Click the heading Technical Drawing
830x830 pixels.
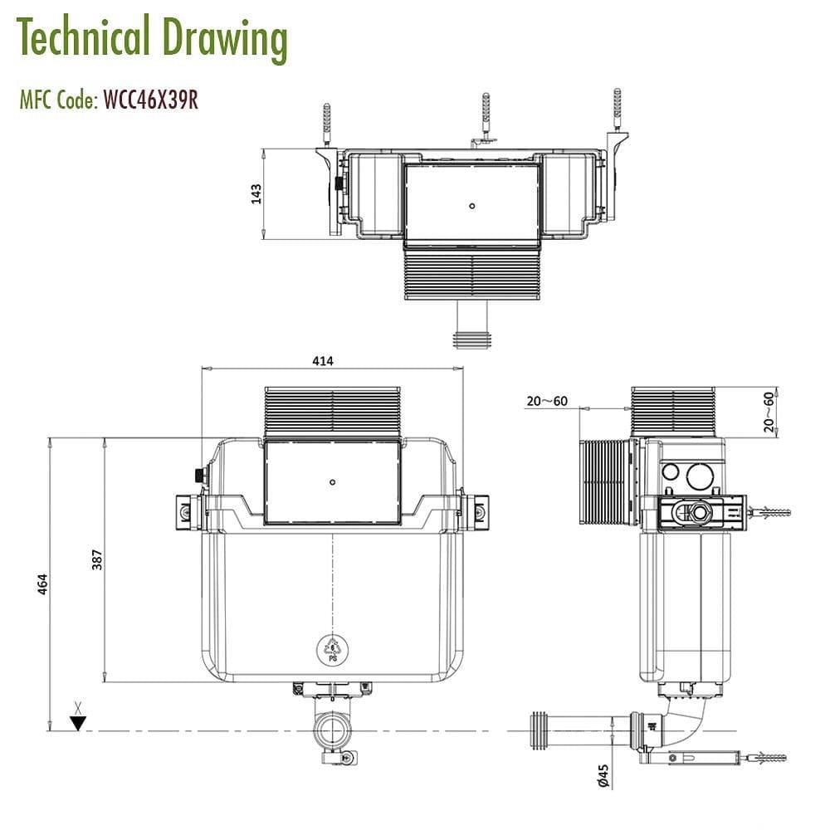[x=152, y=38]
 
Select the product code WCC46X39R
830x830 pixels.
[x=150, y=100]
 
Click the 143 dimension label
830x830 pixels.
[x=256, y=193]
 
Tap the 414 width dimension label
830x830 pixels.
[x=323, y=361]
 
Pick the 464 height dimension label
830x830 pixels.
[x=41, y=583]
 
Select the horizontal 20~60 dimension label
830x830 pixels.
[x=547, y=402]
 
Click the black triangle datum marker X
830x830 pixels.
[x=78, y=722]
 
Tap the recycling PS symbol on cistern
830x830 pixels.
[x=332, y=647]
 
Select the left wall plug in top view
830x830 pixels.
[x=326, y=120]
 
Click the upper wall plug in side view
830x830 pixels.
[x=769, y=511]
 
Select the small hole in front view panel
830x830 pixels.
[x=332, y=481]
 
